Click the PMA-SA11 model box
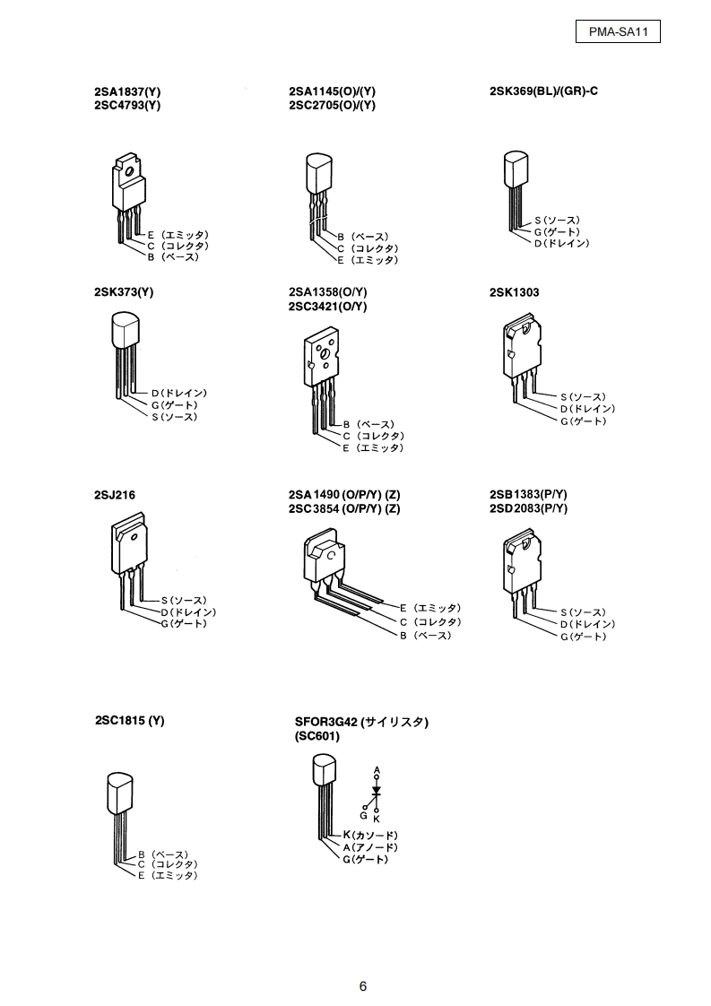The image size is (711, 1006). (618, 32)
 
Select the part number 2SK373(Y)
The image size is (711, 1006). (124, 292)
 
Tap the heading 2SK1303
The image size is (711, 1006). (515, 292)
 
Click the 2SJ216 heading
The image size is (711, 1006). (115, 494)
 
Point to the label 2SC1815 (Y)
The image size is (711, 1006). (130, 720)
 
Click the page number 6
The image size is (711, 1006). (363, 986)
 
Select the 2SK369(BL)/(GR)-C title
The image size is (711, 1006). (543, 91)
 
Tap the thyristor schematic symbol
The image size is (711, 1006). (377, 793)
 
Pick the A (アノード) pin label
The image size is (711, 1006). (370, 847)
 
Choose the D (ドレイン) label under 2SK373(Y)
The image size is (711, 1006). (179, 393)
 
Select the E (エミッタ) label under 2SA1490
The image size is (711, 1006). (430, 607)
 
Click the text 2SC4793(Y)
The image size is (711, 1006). (127, 105)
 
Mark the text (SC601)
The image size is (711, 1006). (319, 737)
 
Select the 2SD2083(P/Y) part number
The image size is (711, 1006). (529, 508)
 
